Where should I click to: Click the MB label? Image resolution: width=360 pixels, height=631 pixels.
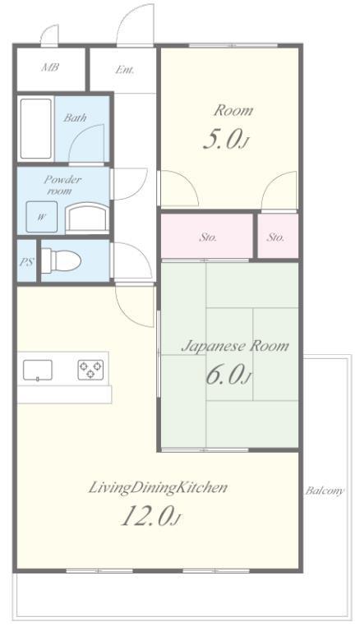(50, 67)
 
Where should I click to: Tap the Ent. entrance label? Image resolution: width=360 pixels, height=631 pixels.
(124, 70)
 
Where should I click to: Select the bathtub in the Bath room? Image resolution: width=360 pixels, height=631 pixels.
(36, 129)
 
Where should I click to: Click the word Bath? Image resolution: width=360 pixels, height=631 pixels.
(75, 118)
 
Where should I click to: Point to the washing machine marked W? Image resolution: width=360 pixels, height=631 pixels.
(41, 217)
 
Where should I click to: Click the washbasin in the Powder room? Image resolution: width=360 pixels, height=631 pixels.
(87, 218)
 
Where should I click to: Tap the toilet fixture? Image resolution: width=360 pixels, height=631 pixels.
(61, 260)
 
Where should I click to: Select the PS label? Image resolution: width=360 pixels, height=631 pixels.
(26, 261)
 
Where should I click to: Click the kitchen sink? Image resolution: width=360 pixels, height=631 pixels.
(38, 371)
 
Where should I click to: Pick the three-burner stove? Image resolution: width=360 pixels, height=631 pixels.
(90, 370)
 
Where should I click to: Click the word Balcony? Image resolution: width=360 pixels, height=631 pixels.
(324, 491)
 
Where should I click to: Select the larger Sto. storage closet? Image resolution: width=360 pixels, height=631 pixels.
(207, 236)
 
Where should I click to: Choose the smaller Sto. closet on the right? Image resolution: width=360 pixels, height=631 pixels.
(278, 236)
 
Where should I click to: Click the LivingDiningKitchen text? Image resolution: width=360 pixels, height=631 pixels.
(158, 488)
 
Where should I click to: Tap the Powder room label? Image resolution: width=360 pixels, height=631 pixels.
(62, 185)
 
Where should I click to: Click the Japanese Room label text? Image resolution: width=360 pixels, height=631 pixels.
(235, 346)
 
